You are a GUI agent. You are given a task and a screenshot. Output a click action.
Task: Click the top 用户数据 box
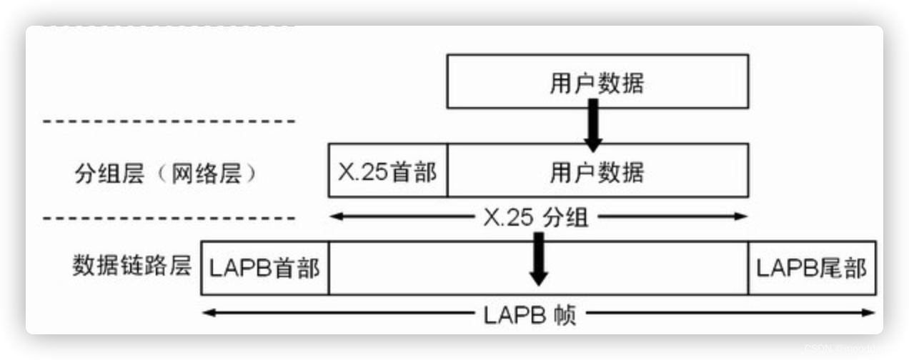597,81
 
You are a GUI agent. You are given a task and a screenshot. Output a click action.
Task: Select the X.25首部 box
388,171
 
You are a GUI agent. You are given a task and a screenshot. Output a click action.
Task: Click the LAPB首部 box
264,268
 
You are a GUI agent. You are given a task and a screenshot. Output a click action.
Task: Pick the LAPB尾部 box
811,268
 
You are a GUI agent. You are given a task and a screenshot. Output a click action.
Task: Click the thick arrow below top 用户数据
592,126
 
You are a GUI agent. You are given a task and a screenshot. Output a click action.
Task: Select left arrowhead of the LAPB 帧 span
208,313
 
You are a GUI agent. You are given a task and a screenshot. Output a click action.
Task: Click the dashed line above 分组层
169,121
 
